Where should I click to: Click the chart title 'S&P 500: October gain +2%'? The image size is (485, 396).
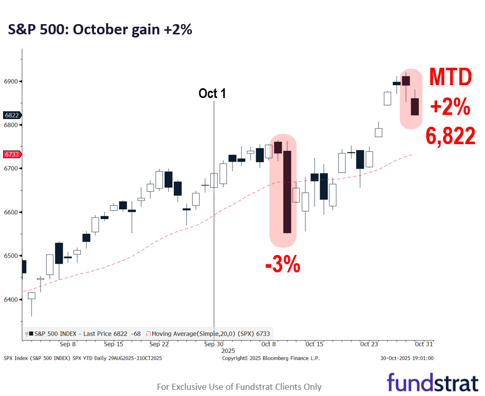[x=100, y=30]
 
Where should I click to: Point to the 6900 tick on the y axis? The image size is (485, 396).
[x=11, y=82]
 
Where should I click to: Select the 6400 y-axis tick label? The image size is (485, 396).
[x=11, y=300]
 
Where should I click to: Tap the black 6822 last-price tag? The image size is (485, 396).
[x=11, y=115]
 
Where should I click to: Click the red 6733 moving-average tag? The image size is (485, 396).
[x=11, y=154]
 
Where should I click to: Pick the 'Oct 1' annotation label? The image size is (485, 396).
[x=212, y=94]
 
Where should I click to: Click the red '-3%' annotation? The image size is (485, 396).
[x=282, y=266]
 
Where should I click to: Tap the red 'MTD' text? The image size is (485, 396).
[x=450, y=77]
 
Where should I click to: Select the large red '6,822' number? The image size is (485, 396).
[x=450, y=136]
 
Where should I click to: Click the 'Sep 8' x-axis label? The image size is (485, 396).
[x=68, y=344]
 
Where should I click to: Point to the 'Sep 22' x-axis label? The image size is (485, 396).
[x=159, y=344]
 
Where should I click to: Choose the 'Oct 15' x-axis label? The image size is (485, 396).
[x=314, y=344]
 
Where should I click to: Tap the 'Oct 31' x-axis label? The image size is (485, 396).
[x=424, y=344]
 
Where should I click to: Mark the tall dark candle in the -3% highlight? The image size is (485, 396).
[x=287, y=192]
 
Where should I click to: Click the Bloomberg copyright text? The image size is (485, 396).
[x=270, y=358]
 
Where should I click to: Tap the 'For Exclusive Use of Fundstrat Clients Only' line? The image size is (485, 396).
[x=239, y=387]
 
